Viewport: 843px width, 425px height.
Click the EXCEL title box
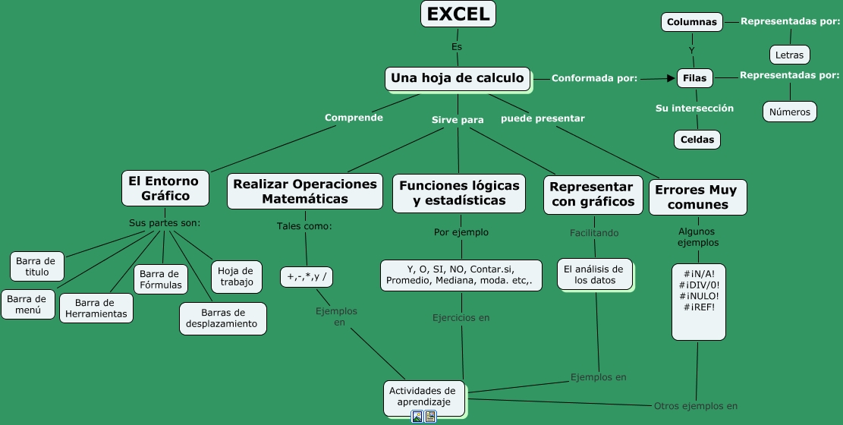click(458, 14)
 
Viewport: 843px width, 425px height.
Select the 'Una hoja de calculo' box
click(457, 78)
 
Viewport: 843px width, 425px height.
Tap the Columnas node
click(691, 22)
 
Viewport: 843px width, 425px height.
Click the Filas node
click(694, 78)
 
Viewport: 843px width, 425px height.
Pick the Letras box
click(789, 55)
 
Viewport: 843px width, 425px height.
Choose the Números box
click(789, 112)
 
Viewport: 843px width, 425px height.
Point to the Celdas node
click(697, 140)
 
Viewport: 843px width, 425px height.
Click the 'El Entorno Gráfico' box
click(165, 188)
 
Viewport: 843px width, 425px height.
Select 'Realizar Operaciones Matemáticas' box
click(304, 192)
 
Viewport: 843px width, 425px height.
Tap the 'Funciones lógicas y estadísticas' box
click(459, 193)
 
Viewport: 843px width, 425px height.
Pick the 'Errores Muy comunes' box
click(697, 197)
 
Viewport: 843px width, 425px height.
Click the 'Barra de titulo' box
click(36, 266)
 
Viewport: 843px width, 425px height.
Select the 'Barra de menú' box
click(27, 304)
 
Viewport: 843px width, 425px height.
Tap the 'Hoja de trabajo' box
click(236, 277)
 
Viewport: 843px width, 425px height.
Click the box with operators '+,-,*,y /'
click(307, 277)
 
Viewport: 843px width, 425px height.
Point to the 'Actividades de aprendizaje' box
click(423, 396)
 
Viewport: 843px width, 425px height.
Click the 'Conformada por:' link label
click(593, 78)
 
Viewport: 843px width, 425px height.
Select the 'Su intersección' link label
click(694, 109)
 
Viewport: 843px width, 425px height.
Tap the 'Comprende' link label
click(354, 118)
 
